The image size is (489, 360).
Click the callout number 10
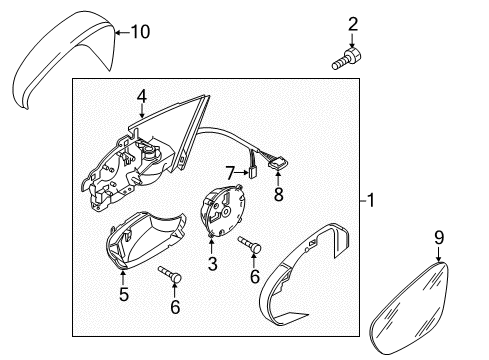pos(140,32)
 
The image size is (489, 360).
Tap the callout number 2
pos(353,24)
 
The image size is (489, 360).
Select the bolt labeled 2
pos(347,59)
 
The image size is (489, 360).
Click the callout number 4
pos(142,96)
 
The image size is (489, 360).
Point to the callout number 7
pos(230,173)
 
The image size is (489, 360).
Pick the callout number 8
pos(279,194)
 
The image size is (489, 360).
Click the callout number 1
pos(370,200)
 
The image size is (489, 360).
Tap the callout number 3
pos(213,263)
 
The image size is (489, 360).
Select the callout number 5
pos(124,294)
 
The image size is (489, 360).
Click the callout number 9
pos(439,237)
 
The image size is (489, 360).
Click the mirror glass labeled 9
pos(410,308)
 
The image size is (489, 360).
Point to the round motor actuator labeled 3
pos(221,211)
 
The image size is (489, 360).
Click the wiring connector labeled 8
pos(278,163)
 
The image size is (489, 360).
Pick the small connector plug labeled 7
pos(253,173)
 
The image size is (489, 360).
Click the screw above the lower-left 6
pos(170,274)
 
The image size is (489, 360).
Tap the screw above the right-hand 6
pos(249,244)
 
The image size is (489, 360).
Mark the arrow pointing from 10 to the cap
pos(123,32)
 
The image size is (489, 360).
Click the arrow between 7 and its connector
pos(241,173)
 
